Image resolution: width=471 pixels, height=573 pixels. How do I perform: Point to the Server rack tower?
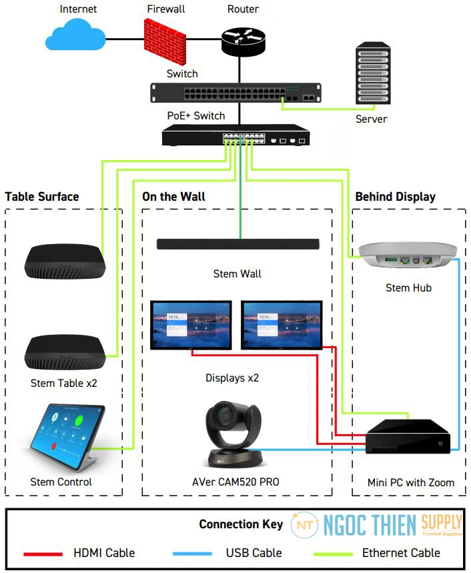click(x=372, y=74)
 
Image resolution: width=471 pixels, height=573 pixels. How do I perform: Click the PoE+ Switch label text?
click(x=195, y=116)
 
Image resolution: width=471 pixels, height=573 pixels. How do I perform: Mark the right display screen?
click(x=282, y=324)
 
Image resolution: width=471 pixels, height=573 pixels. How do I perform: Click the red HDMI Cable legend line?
click(x=43, y=553)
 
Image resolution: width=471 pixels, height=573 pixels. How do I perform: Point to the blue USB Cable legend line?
click(x=193, y=553)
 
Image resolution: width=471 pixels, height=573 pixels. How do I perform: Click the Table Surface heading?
click(x=42, y=197)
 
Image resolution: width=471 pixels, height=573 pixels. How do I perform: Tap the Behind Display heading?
click(x=395, y=197)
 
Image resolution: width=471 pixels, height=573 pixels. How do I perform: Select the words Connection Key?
click(x=241, y=524)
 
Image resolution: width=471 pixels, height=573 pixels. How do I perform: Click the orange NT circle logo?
click(x=305, y=525)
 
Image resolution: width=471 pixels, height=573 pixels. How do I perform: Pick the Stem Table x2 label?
click(x=64, y=384)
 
